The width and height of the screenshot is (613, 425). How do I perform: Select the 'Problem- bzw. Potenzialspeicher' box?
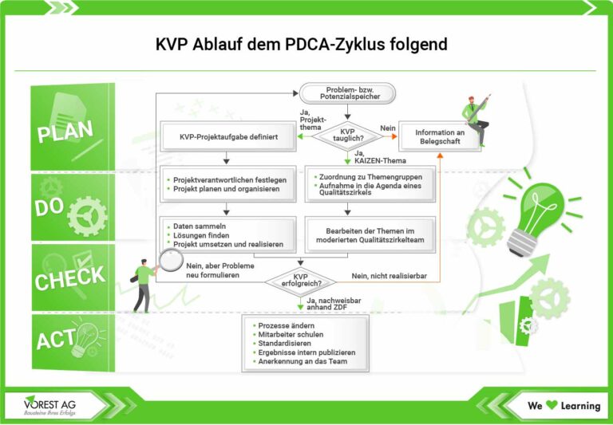point(347,92)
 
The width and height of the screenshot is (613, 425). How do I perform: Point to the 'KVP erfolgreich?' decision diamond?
point(300,281)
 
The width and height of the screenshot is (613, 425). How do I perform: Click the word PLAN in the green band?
point(65,131)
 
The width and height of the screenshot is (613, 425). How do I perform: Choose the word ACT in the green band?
point(56,341)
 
